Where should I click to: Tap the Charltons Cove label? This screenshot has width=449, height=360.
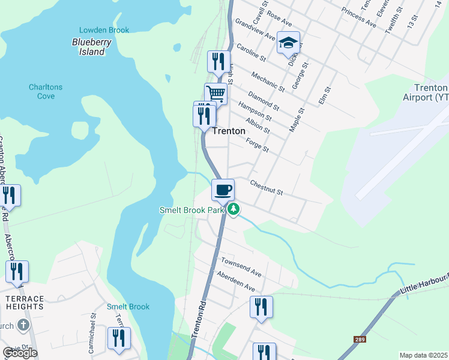click(x=45, y=91)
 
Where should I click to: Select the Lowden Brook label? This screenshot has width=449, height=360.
click(x=95, y=30)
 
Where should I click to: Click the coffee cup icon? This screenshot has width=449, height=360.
click(x=223, y=190)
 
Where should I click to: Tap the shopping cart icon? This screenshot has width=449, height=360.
click(x=216, y=94)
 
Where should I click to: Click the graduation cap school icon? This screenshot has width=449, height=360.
click(x=288, y=43)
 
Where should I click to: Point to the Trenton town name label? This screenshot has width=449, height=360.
click(x=229, y=131)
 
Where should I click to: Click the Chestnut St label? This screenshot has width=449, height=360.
click(x=266, y=188)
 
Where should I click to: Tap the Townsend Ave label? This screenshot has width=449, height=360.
click(x=241, y=268)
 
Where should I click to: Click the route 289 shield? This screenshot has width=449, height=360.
click(x=359, y=340)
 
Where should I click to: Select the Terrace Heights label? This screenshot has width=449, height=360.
click(x=24, y=302)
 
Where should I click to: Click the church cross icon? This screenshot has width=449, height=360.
click(x=23, y=326)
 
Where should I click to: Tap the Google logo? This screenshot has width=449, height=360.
click(x=20, y=353)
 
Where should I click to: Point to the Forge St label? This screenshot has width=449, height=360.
click(x=257, y=145)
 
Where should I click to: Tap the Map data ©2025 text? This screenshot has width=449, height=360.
click(x=423, y=355)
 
